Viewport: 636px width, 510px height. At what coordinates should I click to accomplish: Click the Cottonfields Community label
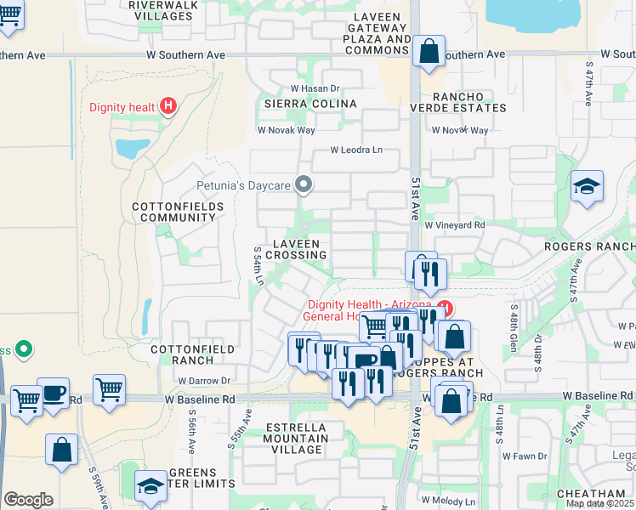pyautogui.click(x=178, y=212)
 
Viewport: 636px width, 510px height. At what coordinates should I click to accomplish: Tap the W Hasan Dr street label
pyautogui.click(x=315, y=88)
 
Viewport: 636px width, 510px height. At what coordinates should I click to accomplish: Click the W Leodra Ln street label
pyautogui.click(x=357, y=150)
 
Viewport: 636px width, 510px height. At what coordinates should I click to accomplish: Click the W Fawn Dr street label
pyautogui.click(x=524, y=456)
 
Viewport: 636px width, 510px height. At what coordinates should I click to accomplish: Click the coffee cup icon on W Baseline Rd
pyautogui.click(x=54, y=394)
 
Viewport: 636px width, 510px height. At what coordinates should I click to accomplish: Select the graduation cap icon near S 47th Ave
pyautogui.click(x=587, y=186)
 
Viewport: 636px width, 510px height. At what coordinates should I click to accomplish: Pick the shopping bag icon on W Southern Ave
pyautogui.click(x=429, y=50)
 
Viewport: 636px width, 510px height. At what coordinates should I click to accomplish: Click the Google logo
pyautogui.click(x=28, y=500)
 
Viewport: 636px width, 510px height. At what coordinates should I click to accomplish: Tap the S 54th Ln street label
pyautogui.click(x=258, y=266)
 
